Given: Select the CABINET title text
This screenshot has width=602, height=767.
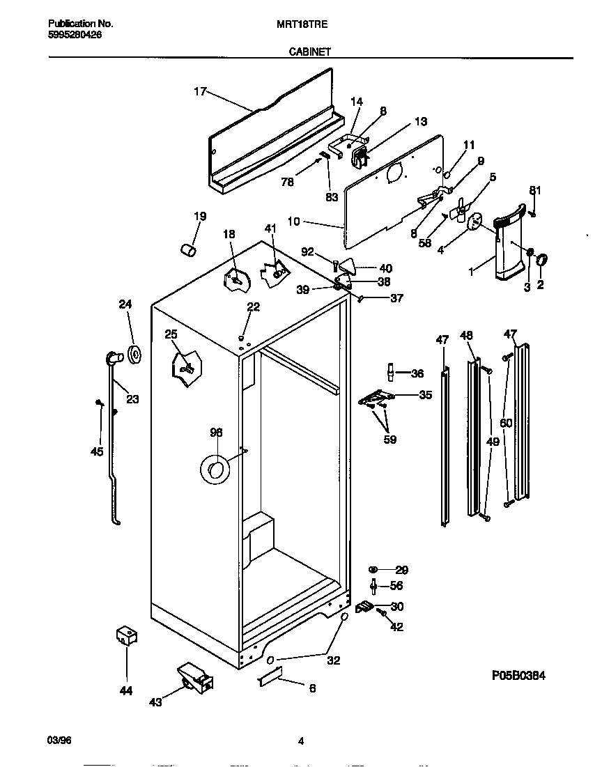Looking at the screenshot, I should pyautogui.click(x=307, y=51).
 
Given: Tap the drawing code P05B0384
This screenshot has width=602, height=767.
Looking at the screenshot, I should pyautogui.click(x=518, y=675).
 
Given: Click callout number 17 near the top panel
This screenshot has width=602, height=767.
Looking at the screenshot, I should pyautogui.click(x=200, y=91).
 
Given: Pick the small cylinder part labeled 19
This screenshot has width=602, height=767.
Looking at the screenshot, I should pyautogui.click(x=186, y=249).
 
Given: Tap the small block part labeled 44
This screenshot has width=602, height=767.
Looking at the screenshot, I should pyautogui.click(x=126, y=636).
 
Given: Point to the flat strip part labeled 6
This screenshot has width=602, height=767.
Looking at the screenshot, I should pyautogui.click(x=270, y=676).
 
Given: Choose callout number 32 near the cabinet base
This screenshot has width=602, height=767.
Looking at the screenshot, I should pyautogui.click(x=333, y=660).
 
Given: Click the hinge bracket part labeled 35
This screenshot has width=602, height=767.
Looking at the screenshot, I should pyautogui.click(x=376, y=398).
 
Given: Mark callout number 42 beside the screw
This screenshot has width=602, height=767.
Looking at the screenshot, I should pyautogui.click(x=396, y=626).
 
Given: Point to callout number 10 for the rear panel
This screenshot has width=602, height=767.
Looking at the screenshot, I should pyautogui.click(x=293, y=222).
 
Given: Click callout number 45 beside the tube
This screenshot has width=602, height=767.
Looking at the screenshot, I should pyautogui.click(x=97, y=451).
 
